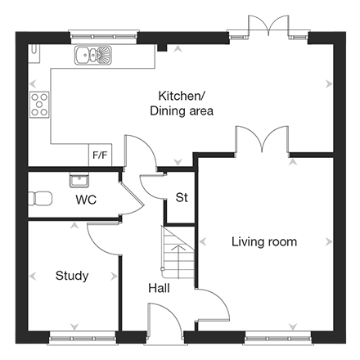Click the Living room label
[264, 242]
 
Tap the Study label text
[72, 276]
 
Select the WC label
[86, 200]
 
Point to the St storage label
[182, 197]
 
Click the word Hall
[159, 288]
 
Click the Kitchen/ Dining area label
[182, 103]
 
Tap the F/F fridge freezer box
[100, 155]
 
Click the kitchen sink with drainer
[93, 55]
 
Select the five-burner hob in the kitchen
[39, 105]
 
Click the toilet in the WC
[40, 198]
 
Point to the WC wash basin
[79, 180]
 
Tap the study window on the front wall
[82, 339]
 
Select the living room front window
[278, 339]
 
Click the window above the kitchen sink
[104, 37]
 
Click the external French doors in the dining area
[268, 26]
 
